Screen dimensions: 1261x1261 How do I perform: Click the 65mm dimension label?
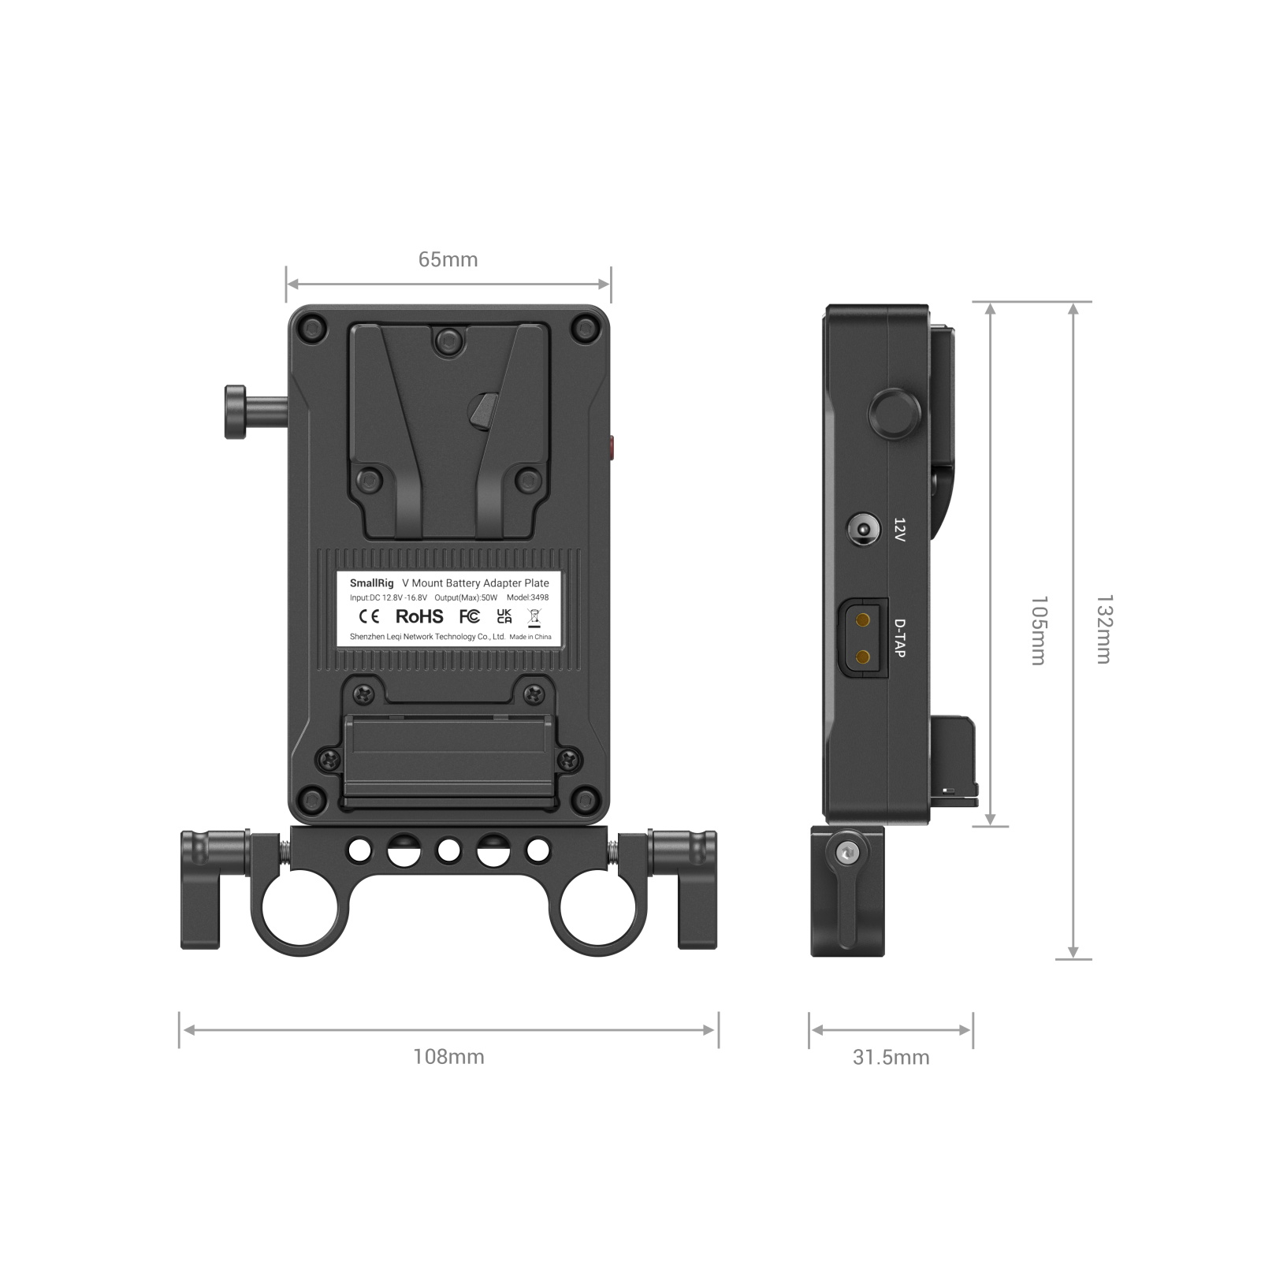point(448,259)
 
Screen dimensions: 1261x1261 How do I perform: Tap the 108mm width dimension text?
point(448,1056)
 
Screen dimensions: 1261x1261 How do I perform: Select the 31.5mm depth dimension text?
point(891,1057)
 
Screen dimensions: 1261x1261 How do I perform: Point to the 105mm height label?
point(1040,630)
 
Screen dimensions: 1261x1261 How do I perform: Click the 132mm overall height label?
point(1105,630)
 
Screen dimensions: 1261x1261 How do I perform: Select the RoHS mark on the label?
point(419,616)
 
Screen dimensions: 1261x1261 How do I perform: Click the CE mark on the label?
point(369,616)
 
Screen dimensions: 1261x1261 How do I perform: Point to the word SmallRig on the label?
point(371,583)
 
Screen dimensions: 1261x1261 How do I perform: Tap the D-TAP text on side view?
point(899,638)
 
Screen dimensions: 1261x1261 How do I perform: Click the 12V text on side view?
point(899,530)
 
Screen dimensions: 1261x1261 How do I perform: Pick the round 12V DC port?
point(863,529)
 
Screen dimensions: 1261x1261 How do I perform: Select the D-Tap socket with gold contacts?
point(864,638)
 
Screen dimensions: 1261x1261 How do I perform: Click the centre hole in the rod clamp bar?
point(448,850)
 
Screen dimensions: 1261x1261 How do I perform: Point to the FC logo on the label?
point(469,616)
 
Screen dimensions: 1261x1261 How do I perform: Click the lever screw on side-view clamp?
point(847,852)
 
